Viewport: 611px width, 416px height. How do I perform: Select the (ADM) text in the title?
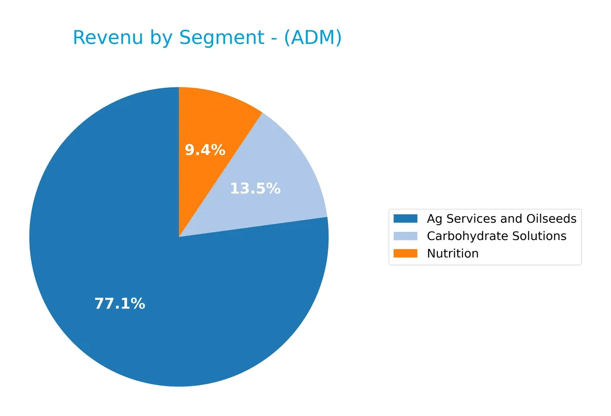tap(313, 38)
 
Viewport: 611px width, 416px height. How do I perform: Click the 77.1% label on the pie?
tap(120, 304)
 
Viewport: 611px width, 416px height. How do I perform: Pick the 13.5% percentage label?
tap(255, 189)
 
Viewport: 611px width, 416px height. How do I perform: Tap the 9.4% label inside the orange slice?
tap(205, 150)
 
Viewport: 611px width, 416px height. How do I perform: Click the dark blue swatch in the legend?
tap(405, 219)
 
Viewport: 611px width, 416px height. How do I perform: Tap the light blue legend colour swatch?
tap(405, 236)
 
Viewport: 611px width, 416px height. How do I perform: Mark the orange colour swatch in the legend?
tap(405, 253)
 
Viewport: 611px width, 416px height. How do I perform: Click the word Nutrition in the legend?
tap(453, 253)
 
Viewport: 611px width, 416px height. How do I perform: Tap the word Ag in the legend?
tap(434, 219)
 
